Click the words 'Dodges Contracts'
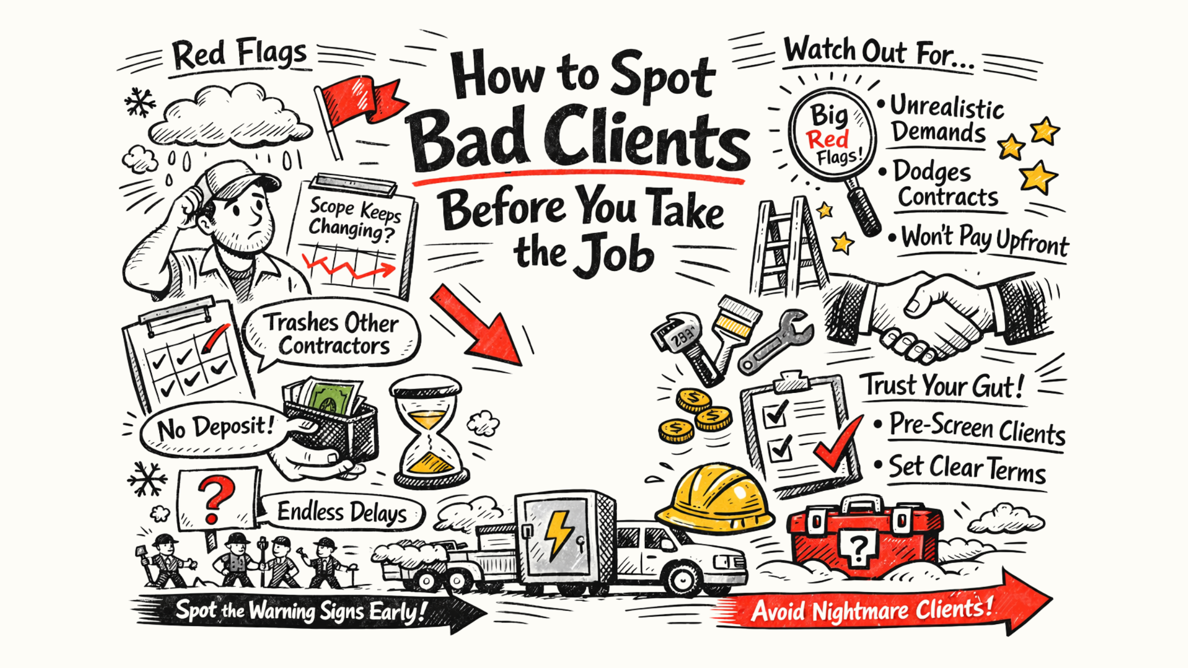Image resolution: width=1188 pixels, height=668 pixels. pos(944,184)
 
